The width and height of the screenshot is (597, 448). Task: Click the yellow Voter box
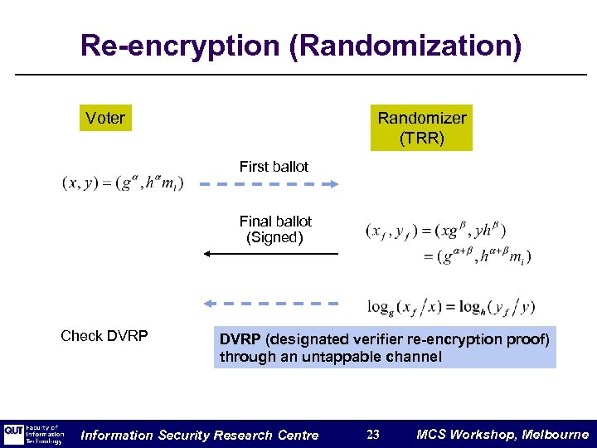[x=105, y=119]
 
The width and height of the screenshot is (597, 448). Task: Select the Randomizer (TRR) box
[x=421, y=128]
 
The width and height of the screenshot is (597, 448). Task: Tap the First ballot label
[x=274, y=167]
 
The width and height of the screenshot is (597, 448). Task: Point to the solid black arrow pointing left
[x=271, y=254]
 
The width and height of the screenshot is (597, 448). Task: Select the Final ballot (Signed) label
[x=275, y=230]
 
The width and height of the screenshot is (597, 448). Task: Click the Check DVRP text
[x=104, y=336]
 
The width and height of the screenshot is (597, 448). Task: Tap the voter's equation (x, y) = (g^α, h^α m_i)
[x=123, y=183]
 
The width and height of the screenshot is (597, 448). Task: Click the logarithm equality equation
[x=451, y=306]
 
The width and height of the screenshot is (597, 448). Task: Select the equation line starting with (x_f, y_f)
[x=436, y=230]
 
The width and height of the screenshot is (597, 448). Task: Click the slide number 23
[x=373, y=435]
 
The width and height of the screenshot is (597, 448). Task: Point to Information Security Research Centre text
[x=199, y=435]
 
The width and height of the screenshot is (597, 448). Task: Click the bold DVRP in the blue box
[x=240, y=339]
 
